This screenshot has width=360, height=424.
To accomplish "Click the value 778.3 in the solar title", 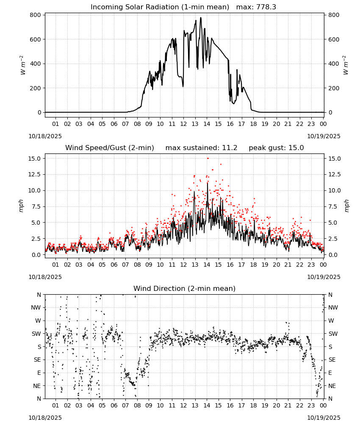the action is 266,7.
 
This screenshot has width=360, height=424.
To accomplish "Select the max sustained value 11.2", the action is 230,148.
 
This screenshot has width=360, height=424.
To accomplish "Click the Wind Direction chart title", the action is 185,288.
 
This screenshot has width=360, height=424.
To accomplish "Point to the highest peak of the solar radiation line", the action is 201,17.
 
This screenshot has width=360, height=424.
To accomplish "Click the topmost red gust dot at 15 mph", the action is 208,159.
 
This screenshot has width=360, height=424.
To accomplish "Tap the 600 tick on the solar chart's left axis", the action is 36,39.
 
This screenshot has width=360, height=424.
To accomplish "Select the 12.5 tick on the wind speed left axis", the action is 34,174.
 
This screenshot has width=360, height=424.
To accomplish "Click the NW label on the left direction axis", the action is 36,308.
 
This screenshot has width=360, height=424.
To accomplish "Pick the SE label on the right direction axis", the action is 332,360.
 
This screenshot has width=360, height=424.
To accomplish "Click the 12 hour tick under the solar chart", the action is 183,124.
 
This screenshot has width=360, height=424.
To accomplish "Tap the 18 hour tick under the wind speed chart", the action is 253,265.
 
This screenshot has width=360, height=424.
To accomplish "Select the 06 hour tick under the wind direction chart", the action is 114,405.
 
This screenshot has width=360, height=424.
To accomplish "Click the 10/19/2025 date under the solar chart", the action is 324,136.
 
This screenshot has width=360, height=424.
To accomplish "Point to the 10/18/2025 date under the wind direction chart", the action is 45,418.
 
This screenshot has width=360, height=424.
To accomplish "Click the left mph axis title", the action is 21,206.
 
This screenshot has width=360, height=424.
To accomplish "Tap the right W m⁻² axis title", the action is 346,65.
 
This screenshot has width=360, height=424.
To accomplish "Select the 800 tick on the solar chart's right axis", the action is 334,15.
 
